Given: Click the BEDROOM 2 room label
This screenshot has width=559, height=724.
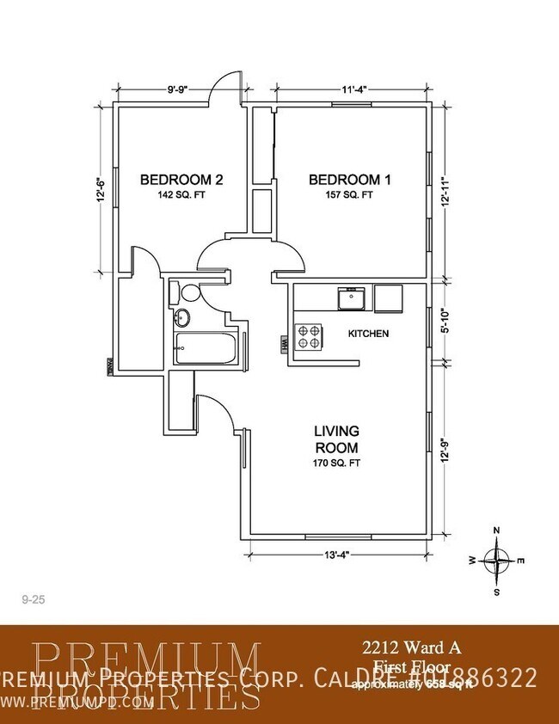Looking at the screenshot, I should click(181, 180).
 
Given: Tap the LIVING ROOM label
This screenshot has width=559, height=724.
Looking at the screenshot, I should click(335, 439).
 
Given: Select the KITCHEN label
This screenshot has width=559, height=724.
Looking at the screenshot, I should click(368, 333).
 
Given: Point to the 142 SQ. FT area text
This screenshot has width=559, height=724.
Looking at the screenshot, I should click(181, 195).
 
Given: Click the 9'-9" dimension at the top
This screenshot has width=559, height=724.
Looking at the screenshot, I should click(177, 88).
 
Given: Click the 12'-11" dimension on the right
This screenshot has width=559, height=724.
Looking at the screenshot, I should click(444, 191).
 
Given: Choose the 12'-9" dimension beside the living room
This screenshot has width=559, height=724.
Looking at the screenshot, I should click(444, 451).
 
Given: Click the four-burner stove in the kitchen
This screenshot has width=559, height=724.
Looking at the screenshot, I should click(309, 335).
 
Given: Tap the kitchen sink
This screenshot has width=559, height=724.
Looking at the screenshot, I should click(350, 299).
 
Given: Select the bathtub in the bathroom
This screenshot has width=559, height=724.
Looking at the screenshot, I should click(206, 347).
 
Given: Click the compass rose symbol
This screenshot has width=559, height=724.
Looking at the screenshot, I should click(497, 560).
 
